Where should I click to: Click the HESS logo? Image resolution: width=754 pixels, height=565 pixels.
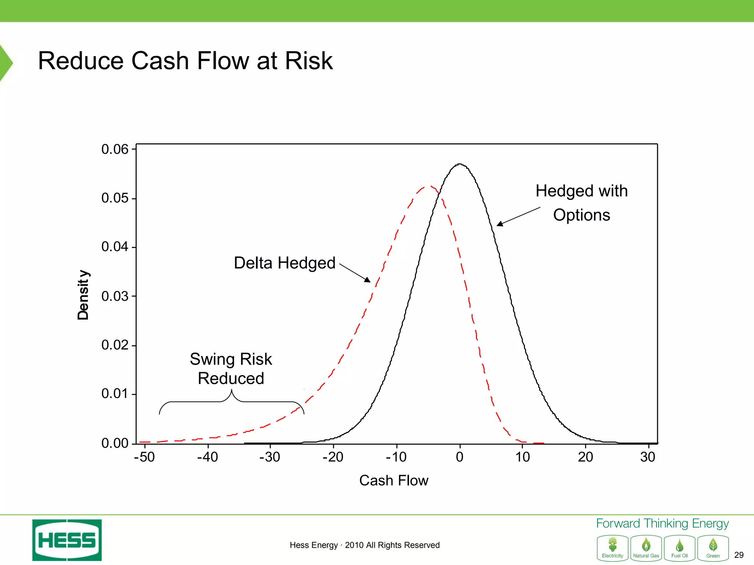click(x=67, y=540)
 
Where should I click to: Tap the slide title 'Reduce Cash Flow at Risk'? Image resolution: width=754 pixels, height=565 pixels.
click(x=185, y=61)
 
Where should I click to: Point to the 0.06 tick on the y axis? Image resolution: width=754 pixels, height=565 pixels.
click(x=115, y=149)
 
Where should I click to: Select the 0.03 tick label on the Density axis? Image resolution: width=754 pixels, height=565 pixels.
click(x=115, y=296)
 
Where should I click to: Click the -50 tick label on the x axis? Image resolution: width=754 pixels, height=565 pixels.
click(x=144, y=457)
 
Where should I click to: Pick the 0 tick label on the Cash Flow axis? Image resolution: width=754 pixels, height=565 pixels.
click(x=459, y=457)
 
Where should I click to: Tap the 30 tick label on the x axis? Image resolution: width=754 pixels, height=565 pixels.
click(x=648, y=457)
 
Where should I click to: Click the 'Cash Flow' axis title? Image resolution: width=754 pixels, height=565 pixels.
click(x=394, y=480)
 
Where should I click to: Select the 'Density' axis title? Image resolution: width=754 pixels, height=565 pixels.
click(x=83, y=295)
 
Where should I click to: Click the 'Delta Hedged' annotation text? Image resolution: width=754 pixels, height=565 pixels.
click(x=285, y=263)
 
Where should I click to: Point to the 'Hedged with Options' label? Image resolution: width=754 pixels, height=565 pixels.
click(x=581, y=203)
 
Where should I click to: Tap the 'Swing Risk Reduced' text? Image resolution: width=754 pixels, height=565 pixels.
click(x=231, y=369)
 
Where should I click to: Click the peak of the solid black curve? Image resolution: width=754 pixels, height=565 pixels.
click(x=459, y=164)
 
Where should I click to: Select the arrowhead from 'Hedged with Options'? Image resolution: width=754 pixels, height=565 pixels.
click(x=500, y=224)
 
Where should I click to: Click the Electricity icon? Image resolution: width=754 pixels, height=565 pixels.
click(x=613, y=548)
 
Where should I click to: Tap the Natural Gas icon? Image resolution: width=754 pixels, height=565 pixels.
click(x=646, y=548)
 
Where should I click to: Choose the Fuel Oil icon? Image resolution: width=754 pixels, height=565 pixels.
click(x=680, y=548)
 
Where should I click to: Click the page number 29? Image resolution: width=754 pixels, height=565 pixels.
click(x=739, y=555)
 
